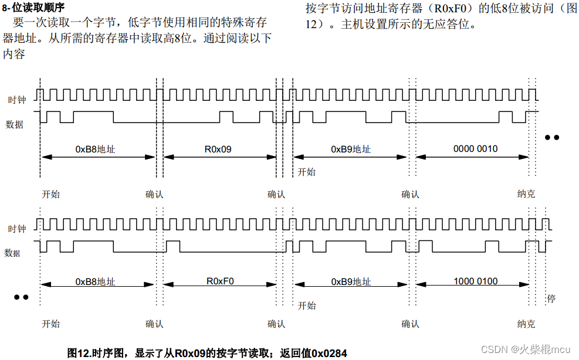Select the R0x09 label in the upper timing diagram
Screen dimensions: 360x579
click(218, 149)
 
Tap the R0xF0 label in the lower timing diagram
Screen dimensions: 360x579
click(220, 281)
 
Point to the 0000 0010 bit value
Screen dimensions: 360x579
click(475, 149)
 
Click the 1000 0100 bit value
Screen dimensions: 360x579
click(475, 281)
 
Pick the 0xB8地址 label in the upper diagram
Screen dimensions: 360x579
click(95, 149)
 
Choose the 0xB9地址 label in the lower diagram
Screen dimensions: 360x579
click(351, 281)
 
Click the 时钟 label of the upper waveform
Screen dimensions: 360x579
click(16, 100)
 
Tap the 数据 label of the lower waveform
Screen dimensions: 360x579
click(13, 253)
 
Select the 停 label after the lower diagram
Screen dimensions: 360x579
click(551, 298)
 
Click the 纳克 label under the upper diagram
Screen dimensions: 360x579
click(526, 194)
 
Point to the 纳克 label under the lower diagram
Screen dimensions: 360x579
click(526, 324)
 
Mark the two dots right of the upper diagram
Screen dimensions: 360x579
click(552, 138)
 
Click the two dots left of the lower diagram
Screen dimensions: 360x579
click(21, 297)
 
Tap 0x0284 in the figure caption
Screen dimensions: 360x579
click(329, 353)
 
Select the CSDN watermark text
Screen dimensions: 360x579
click(526, 349)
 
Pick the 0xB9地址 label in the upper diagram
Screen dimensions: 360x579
click(351, 149)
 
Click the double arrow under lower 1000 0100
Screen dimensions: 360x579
click(473, 287)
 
